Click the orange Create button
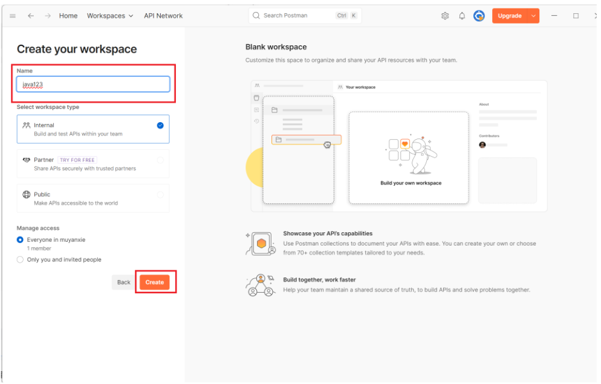click(x=154, y=282)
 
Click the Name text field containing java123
click(x=93, y=84)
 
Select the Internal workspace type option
click(x=93, y=129)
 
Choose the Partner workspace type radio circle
click(x=160, y=160)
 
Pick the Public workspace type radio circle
click(x=160, y=195)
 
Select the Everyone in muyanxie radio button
click(x=20, y=240)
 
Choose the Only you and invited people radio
click(x=20, y=260)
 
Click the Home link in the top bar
click(x=68, y=16)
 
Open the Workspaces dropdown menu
click(x=110, y=16)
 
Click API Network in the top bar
click(x=163, y=16)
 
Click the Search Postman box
click(x=305, y=16)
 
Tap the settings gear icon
click(x=445, y=16)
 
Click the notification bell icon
click(x=463, y=16)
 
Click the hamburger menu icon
click(x=13, y=16)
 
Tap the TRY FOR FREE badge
click(x=77, y=160)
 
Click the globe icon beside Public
click(x=27, y=195)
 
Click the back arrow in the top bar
click(x=31, y=16)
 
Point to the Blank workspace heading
click(x=276, y=47)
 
